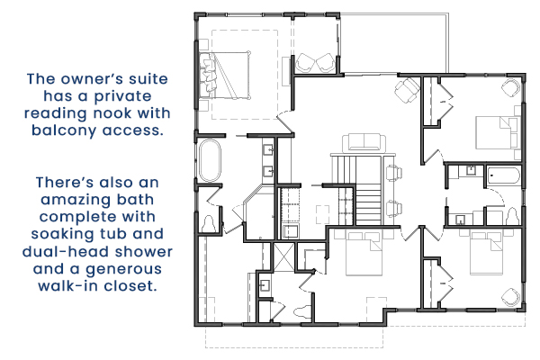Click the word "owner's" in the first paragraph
tap(92, 79)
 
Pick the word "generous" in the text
tap(123, 269)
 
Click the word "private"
tap(121, 96)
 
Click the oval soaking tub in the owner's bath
tap(210, 160)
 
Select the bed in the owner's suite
tap(224, 76)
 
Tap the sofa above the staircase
tap(364, 143)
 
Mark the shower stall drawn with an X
tap(283, 256)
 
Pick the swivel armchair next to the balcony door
tap(407, 90)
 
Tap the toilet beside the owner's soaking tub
tap(209, 224)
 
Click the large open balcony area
tap(394, 44)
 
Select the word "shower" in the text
tap(144, 251)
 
